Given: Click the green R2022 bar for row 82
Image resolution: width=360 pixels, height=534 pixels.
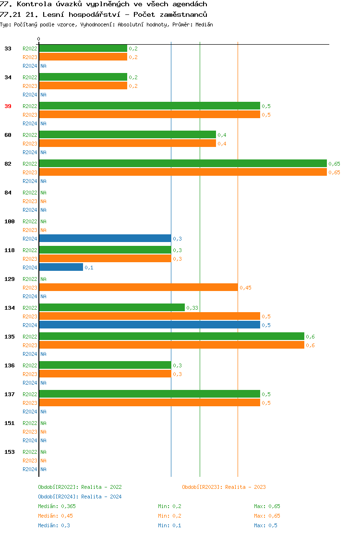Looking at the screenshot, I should click(182, 163).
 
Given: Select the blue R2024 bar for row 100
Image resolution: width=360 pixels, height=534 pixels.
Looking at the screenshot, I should click(105, 238).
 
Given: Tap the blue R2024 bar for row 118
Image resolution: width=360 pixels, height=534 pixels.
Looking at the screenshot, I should click(61, 267).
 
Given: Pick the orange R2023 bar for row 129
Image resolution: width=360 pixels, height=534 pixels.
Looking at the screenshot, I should click(138, 287).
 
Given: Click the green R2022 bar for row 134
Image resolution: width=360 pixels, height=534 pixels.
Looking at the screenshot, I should click(112, 307).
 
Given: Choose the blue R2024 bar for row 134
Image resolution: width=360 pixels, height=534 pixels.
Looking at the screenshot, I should click(149, 325).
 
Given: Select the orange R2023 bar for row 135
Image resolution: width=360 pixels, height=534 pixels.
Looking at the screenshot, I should click(171, 345).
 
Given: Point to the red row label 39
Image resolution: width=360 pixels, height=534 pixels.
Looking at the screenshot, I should click(8, 106).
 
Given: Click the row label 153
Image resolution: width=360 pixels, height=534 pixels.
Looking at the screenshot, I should click(10, 452).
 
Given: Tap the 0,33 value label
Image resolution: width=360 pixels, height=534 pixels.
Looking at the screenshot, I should click(192, 308).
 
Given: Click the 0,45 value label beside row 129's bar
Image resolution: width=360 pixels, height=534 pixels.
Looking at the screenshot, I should click(245, 288).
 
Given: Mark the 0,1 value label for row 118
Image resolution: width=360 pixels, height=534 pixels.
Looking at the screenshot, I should click(89, 267).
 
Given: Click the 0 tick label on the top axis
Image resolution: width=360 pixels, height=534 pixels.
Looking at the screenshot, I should click(39, 39).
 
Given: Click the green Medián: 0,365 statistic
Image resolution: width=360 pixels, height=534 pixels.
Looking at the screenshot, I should click(57, 506).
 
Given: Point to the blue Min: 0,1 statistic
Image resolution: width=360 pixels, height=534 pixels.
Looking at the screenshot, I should click(169, 525).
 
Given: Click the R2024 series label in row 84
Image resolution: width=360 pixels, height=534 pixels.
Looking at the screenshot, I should click(30, 210).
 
